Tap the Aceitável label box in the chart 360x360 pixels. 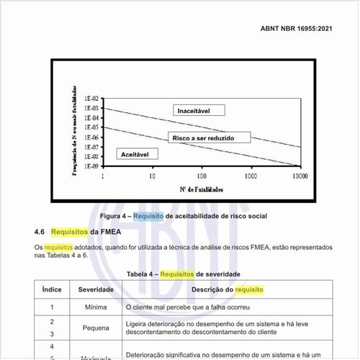click(135, 154)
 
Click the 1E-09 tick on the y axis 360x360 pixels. click(92, 166)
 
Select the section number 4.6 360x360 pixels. click(40, 232)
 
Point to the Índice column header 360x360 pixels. click(52, 289)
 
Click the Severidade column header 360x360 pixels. click(96, 289)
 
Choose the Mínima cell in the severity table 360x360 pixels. click(96, 307)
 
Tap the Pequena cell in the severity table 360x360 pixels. click(96, 328)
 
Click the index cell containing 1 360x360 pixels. click(52, 307)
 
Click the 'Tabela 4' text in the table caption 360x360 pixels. click(141, 274)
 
